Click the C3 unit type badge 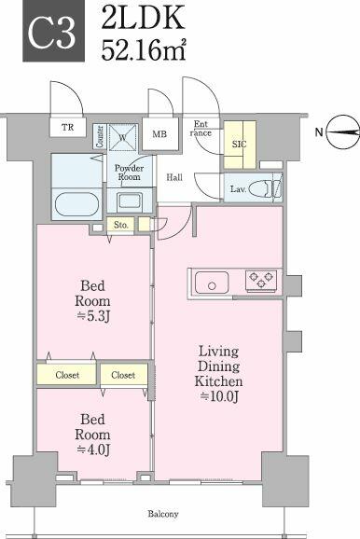(54, 31)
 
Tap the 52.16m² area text (144, 50)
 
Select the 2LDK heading (143, 17)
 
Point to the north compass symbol (342, 132)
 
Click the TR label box (68, 128)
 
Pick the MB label (159, 133)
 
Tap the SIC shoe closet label (239, 144)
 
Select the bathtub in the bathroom (77, 204)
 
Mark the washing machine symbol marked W (123, 137)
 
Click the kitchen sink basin (212, 283)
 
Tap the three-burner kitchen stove (261, 279)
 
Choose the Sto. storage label (120, 225)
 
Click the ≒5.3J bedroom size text (93, 315)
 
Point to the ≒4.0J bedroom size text (93, 449)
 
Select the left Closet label (67, 375)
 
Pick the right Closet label (123, 375)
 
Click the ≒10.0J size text (219, 396)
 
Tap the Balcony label (163, 514)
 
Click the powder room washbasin (130, 201)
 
